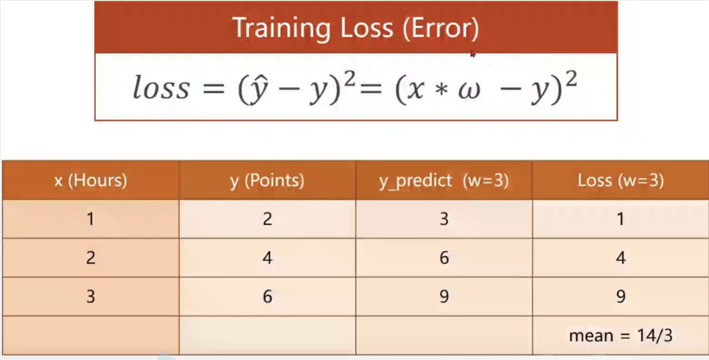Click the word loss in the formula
point(161,87)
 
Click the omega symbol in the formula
point(469,90)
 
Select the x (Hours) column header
point(91,181)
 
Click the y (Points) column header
point(267,181)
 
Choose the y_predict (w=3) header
point(444,181)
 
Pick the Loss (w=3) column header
point(621,181)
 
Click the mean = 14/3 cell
point(621,335)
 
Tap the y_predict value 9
point(444,296)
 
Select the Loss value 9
point(621,296)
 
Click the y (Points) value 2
point(268,219)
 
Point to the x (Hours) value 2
point(91,258)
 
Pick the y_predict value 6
point(444,258)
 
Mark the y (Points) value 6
point(268,296)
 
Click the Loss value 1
point(621,219)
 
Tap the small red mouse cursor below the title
point(472,54)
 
